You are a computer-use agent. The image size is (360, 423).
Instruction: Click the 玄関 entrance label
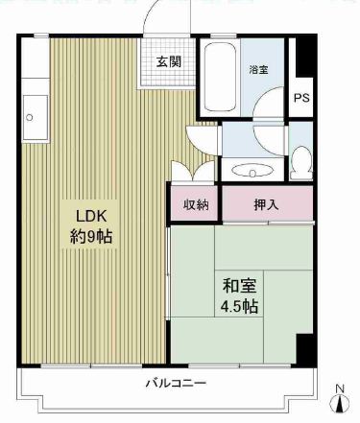(x=169, y=61)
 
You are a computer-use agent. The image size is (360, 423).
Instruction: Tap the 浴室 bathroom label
(x=258, y=69)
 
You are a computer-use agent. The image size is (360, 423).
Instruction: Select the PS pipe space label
(x=301, y=98)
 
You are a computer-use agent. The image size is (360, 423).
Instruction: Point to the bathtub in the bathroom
(x=220, y=77)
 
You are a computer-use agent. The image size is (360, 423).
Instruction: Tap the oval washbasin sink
(x=252, y=170)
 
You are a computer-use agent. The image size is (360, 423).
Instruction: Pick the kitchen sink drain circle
(x=30, y=117)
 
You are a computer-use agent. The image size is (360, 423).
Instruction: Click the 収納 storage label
(x=196, y=204)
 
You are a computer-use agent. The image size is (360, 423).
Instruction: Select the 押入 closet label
(x=266, y=204)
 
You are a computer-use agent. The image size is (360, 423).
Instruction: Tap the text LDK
(x=91, y=216)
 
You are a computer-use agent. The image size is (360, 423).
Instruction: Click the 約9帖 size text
(x=91, y=237)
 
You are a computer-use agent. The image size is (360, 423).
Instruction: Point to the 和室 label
(x=239, y=286)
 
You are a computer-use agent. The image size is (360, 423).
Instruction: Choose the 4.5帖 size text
(x=239, y=306)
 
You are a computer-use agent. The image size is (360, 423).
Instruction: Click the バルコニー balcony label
(x=176, y=383)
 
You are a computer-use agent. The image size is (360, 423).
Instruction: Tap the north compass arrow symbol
(x=340, y=404)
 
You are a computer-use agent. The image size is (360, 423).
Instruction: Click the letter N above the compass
(x=340, y=389)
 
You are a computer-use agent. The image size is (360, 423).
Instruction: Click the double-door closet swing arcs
(x=193, y=171)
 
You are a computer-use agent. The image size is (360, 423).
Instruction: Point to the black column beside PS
(x=304, y=57)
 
